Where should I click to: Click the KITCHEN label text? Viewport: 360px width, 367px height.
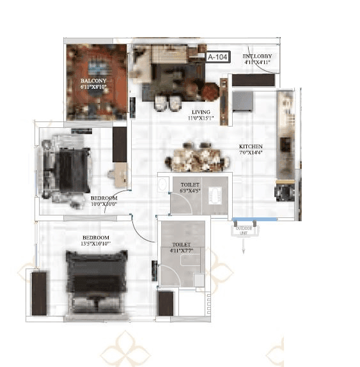point(251,146)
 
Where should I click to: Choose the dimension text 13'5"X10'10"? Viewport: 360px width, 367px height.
point(96,244)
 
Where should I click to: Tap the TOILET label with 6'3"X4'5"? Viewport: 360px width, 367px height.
point(181,183)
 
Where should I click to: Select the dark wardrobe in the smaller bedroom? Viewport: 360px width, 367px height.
point(120,143)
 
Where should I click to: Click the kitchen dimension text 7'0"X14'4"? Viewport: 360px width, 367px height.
point(251,153)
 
